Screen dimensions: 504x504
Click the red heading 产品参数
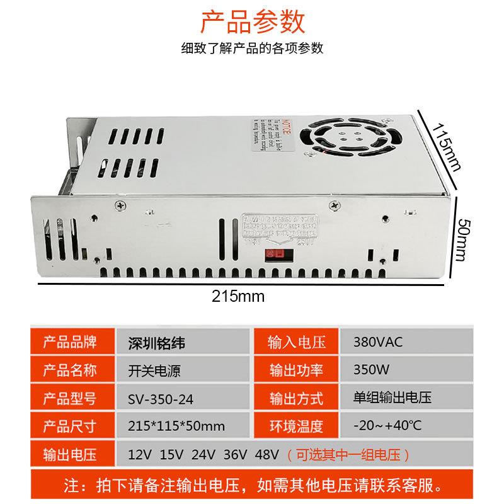[x=252, y=21]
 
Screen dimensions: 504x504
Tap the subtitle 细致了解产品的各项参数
[x=252, y=49]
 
